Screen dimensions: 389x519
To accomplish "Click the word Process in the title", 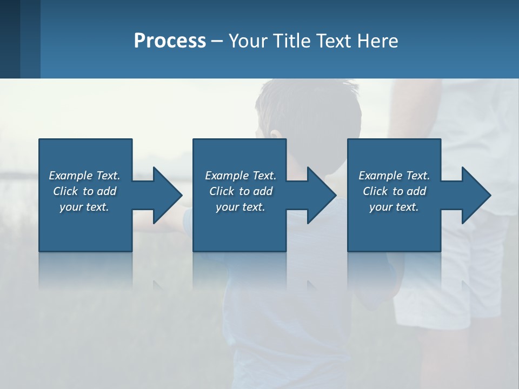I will (x=170, y=41).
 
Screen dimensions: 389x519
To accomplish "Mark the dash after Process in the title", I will (x=217, y=42).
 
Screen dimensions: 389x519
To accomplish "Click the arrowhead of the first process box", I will (x=165, y=195).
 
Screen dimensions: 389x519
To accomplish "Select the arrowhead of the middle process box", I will (x=320, y=195).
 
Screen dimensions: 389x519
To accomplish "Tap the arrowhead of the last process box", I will (x=475, y=195).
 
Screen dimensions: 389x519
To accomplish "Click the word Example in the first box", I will (x=71, y=176).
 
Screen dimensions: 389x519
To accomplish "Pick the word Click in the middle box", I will (x=222, y=191).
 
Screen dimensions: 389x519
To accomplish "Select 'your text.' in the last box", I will (x=394, y=207).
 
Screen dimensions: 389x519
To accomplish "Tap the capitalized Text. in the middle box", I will (x=263, y=176).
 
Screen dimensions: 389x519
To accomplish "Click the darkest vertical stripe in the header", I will (x=10, y=39).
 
